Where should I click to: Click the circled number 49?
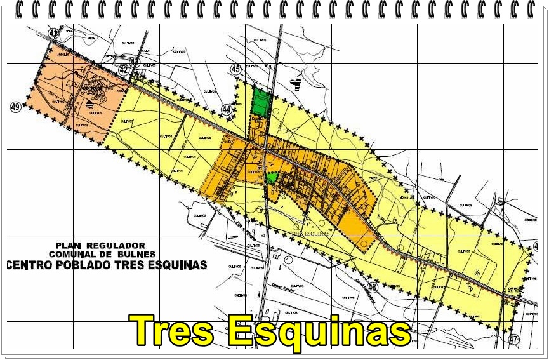point(16,107)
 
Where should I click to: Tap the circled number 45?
point(236,69)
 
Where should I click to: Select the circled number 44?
point(227,109)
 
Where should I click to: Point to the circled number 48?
point(373,287)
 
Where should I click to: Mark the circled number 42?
point(135,62)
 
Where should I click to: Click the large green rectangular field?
point(260,102)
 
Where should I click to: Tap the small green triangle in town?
point(272,178)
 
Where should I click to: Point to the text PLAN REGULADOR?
point(100,245)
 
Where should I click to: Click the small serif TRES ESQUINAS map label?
point(312,233)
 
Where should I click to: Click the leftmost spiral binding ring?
point(20,9)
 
